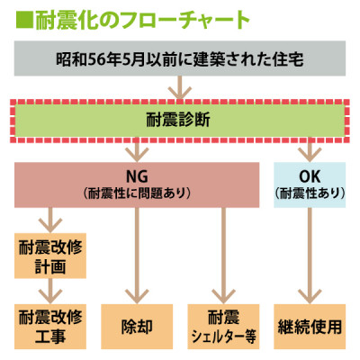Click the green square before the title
point(23,21)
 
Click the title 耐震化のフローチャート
point(142,21)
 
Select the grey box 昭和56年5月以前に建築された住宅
point(180,58)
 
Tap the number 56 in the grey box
point(97,59)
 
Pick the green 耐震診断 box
point(180,121)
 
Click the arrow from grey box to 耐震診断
point(180,87)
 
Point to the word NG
point(137,176)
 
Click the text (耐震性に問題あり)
point(137,193)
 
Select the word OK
point(310,176)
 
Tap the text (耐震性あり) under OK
point(310,193)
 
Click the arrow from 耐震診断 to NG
point(137,150)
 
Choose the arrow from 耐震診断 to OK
point(310,150)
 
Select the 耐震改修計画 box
point(50,256)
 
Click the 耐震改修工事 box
point(50,327)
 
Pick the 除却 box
point(137,327)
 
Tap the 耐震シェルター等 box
point(223,327)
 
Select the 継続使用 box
point(310,327)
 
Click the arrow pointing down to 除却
point(137,256)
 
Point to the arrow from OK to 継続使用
point(310,256)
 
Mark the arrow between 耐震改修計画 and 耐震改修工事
point(50,291)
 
